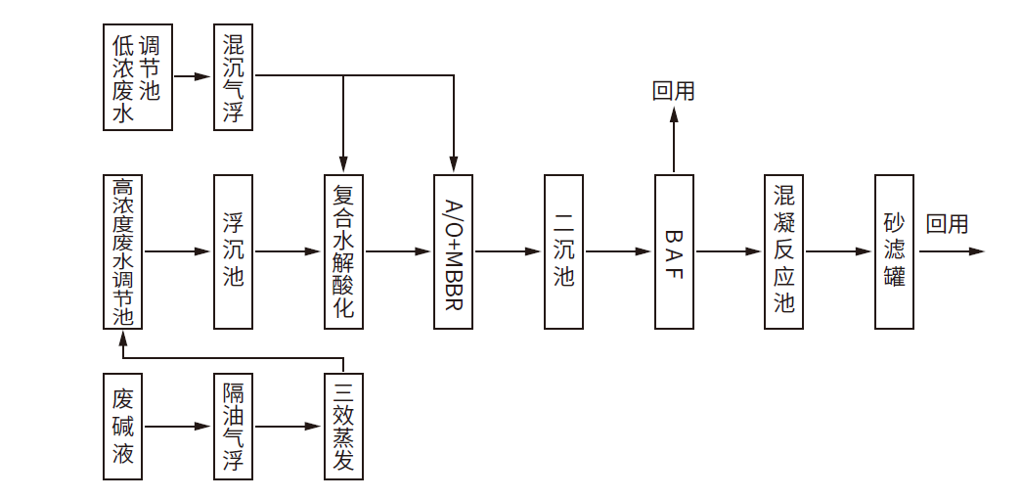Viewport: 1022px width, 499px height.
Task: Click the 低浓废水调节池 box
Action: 138,77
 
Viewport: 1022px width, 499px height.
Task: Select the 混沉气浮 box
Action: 233,77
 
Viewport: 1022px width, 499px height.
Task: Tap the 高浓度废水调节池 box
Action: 122,251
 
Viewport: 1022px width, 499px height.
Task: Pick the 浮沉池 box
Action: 233,251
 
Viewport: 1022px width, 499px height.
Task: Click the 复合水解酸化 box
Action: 343,251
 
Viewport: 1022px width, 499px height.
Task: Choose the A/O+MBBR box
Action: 454,251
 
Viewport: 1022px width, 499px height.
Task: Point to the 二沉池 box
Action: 563,251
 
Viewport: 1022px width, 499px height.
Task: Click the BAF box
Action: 674,251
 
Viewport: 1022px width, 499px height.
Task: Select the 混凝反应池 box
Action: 784,251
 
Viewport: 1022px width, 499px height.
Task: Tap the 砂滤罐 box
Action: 895,251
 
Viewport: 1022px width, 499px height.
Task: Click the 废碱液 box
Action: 122,427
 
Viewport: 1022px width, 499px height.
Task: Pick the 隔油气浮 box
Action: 233,427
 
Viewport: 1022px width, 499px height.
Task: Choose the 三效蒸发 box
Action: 343,427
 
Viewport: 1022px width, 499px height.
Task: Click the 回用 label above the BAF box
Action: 674,91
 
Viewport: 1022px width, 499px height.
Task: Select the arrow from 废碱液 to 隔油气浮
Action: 178,427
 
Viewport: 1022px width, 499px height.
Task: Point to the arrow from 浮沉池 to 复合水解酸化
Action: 289,251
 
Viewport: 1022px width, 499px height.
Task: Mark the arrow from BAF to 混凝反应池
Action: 730,251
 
